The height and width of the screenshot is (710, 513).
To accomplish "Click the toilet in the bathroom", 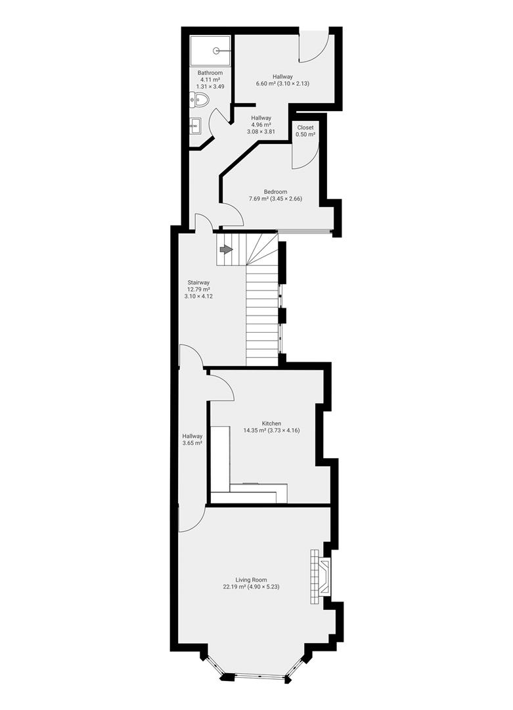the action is click(x=200, y=99).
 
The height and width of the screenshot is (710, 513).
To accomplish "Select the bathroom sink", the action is click(x=196, y=126).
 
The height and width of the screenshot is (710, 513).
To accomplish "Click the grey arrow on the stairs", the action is click(x=226, y=250).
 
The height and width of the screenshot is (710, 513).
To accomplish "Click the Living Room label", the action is click(x=251, y=580).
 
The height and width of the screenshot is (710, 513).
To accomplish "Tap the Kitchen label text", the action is click(x=271, y=423).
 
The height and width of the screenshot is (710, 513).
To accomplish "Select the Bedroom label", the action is click(x=275, y=191).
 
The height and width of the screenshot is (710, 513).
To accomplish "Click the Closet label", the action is click(x=305, y=128).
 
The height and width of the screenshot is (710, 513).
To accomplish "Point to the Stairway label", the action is click(x=198, y=283).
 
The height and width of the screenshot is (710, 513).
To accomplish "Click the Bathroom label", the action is click(x=210, y=72).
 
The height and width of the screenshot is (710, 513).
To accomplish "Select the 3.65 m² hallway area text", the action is click(x=192, y=443).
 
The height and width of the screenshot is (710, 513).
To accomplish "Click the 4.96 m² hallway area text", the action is click(x=261, y=124).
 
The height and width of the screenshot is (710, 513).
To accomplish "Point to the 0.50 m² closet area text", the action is click(x=305, y=135).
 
